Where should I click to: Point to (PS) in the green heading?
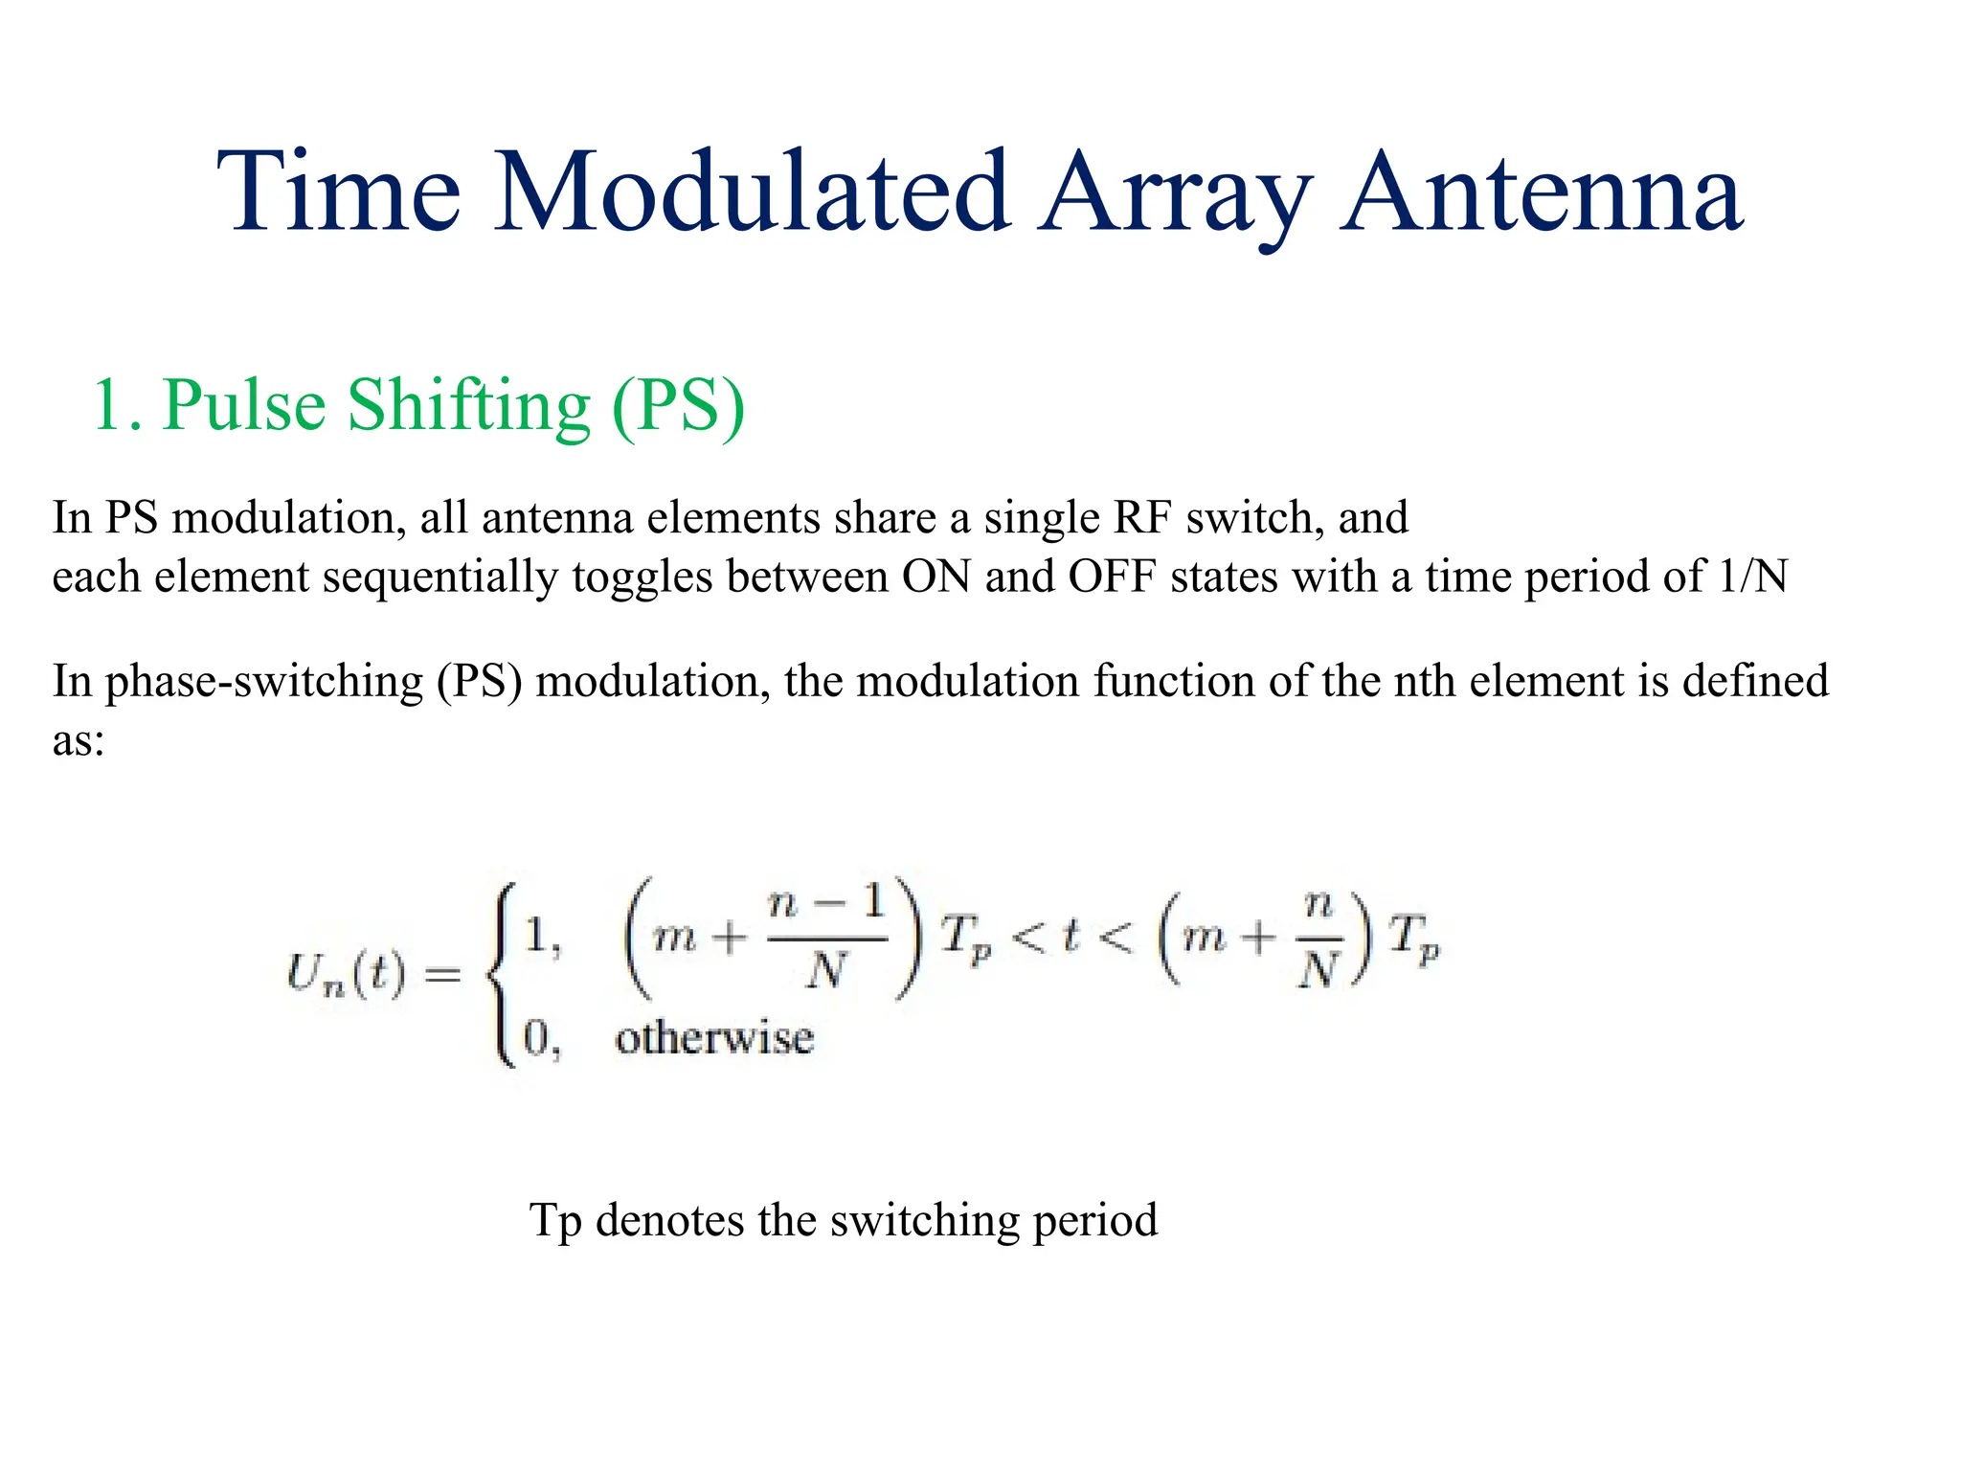678,407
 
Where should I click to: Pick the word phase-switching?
263,682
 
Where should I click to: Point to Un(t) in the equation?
346,975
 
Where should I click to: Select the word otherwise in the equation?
714,1038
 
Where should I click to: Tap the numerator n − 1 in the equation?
825,902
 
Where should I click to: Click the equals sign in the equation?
442,975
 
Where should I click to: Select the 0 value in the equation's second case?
536,1038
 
